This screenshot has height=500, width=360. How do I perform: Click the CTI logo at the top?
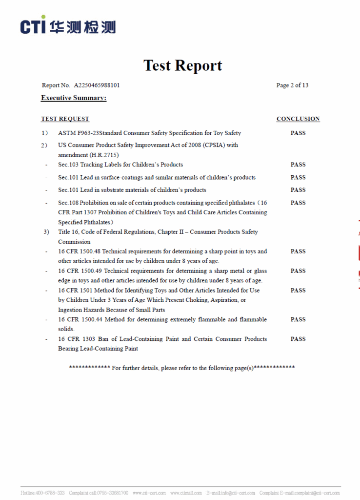(68, 25)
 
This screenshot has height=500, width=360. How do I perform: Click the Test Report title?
(182, 65)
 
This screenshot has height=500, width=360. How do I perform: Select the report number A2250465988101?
(97, 85)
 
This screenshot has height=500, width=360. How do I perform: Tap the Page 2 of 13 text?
(292, 85)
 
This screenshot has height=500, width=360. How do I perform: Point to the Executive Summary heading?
(74, 98)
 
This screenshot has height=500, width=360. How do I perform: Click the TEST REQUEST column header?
(65, 119)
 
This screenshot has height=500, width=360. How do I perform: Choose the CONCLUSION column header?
(298, 119)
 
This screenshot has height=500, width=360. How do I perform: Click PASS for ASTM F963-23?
(298, 133)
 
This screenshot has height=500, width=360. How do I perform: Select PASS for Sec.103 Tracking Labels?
(298, 165)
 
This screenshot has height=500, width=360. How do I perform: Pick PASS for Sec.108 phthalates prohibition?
(298, 203)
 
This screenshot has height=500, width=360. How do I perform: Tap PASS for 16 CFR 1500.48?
(298, 251)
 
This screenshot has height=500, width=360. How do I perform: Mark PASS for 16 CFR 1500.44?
(298, 319)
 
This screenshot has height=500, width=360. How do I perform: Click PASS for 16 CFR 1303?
(298, 339)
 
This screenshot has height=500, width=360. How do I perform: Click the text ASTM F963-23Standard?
(90, 133)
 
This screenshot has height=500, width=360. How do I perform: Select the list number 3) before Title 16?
(46, 232)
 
